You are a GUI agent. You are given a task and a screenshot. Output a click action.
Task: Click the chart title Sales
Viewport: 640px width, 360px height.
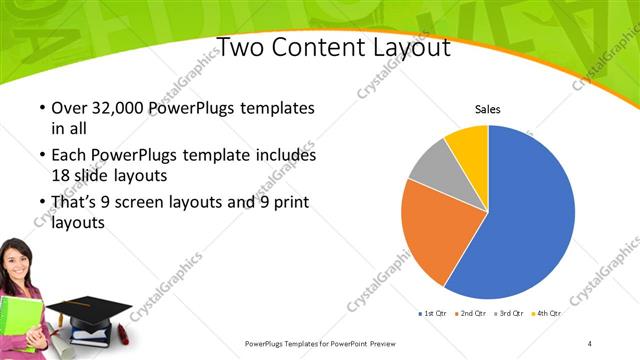click(487, 110)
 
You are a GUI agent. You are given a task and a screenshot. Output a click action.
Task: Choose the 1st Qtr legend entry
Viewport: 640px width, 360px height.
click(432, 314)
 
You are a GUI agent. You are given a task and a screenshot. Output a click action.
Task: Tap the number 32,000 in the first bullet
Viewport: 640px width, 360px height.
click(113, 108)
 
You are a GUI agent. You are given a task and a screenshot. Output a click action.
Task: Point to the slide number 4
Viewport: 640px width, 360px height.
click(590, 343)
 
